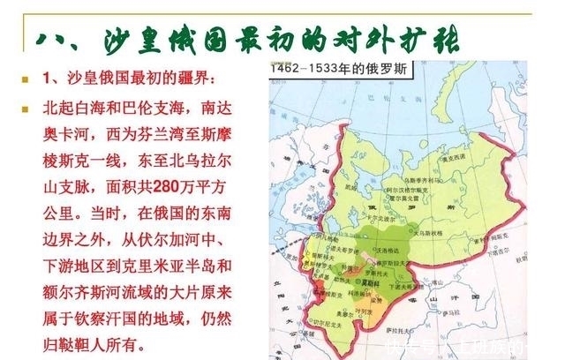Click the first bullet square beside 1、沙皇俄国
(x=26, y=81)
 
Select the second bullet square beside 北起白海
(x=26, y=109)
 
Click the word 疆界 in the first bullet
(x=184, y=81)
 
